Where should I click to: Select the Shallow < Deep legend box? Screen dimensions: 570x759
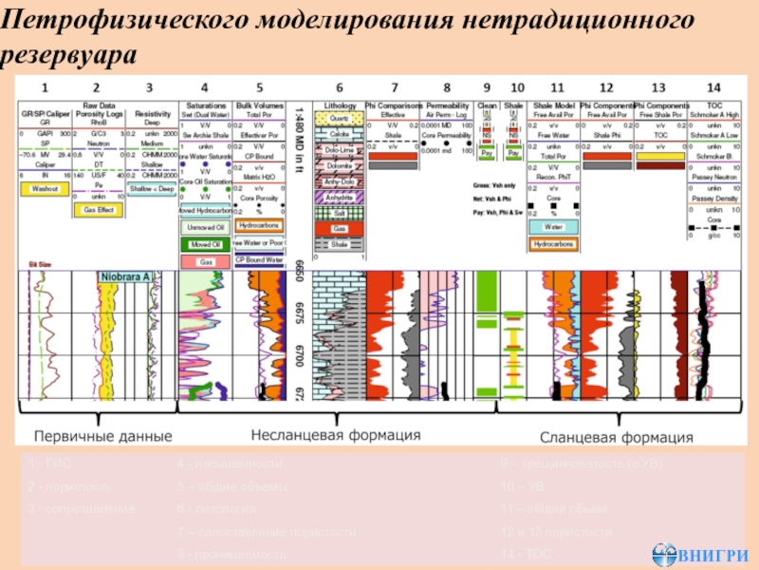(152, 190)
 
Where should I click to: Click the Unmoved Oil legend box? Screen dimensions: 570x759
(205, 228)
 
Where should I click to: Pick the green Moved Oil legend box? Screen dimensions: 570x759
(205, 245)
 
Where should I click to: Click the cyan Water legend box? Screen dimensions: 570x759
(552, 228)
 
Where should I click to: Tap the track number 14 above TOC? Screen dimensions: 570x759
(713, 87)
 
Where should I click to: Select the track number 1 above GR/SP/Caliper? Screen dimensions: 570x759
(44, 87)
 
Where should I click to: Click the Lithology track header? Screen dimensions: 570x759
(340, 104)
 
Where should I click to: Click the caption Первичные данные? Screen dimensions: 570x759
(103, 437)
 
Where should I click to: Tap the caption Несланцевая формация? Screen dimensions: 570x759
(335, 435)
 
